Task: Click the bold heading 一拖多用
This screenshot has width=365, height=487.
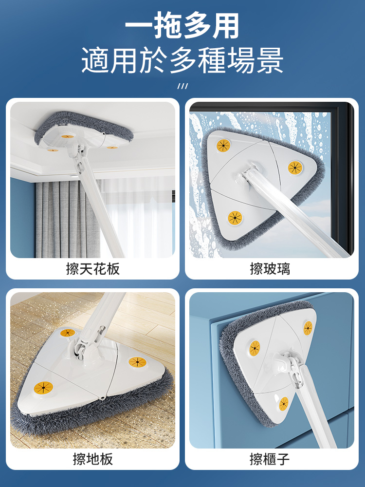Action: pyautogui.click(x=182, y=25)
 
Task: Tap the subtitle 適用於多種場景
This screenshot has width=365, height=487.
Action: pyautogui.click(x=182, y=60)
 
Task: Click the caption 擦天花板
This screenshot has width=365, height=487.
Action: pyautogui.click(x=93, y=269)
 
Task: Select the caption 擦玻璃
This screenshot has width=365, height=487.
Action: pyautogui.click(x=270, y=269)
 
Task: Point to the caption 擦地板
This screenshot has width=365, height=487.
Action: pyautogui.click(x=93, y=459)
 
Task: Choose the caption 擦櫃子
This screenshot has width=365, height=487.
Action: pyautogui.click(x=270, y=459)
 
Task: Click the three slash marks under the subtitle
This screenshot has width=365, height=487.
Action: pyautogui.click(x=182, y=86)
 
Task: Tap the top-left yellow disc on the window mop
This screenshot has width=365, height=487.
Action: pyautogui.click(x=223, y=145)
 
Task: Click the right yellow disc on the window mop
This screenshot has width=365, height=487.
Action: pyautogui.click(x=295, y=168)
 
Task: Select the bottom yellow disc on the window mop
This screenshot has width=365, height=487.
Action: pyautogui.click(x=235, y=218)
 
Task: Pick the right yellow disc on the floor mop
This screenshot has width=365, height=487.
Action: pyautogui.click(x=137, y=362)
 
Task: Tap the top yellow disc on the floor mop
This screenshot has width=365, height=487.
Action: pyautogui.click(x=68, y=333)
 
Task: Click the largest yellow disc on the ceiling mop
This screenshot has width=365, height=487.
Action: pyautogui.click(x=68, y=136)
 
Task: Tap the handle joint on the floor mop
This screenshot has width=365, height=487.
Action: pyautogui.click(x=89, y=343)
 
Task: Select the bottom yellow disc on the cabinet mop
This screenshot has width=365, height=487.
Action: pyautogui.click(x=284, y=404)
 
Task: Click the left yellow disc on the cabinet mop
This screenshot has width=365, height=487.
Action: pyautogui.click(x=255, y=348)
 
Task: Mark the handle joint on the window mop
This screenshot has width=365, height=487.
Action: pyautogui.click(x=248, y=175)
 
